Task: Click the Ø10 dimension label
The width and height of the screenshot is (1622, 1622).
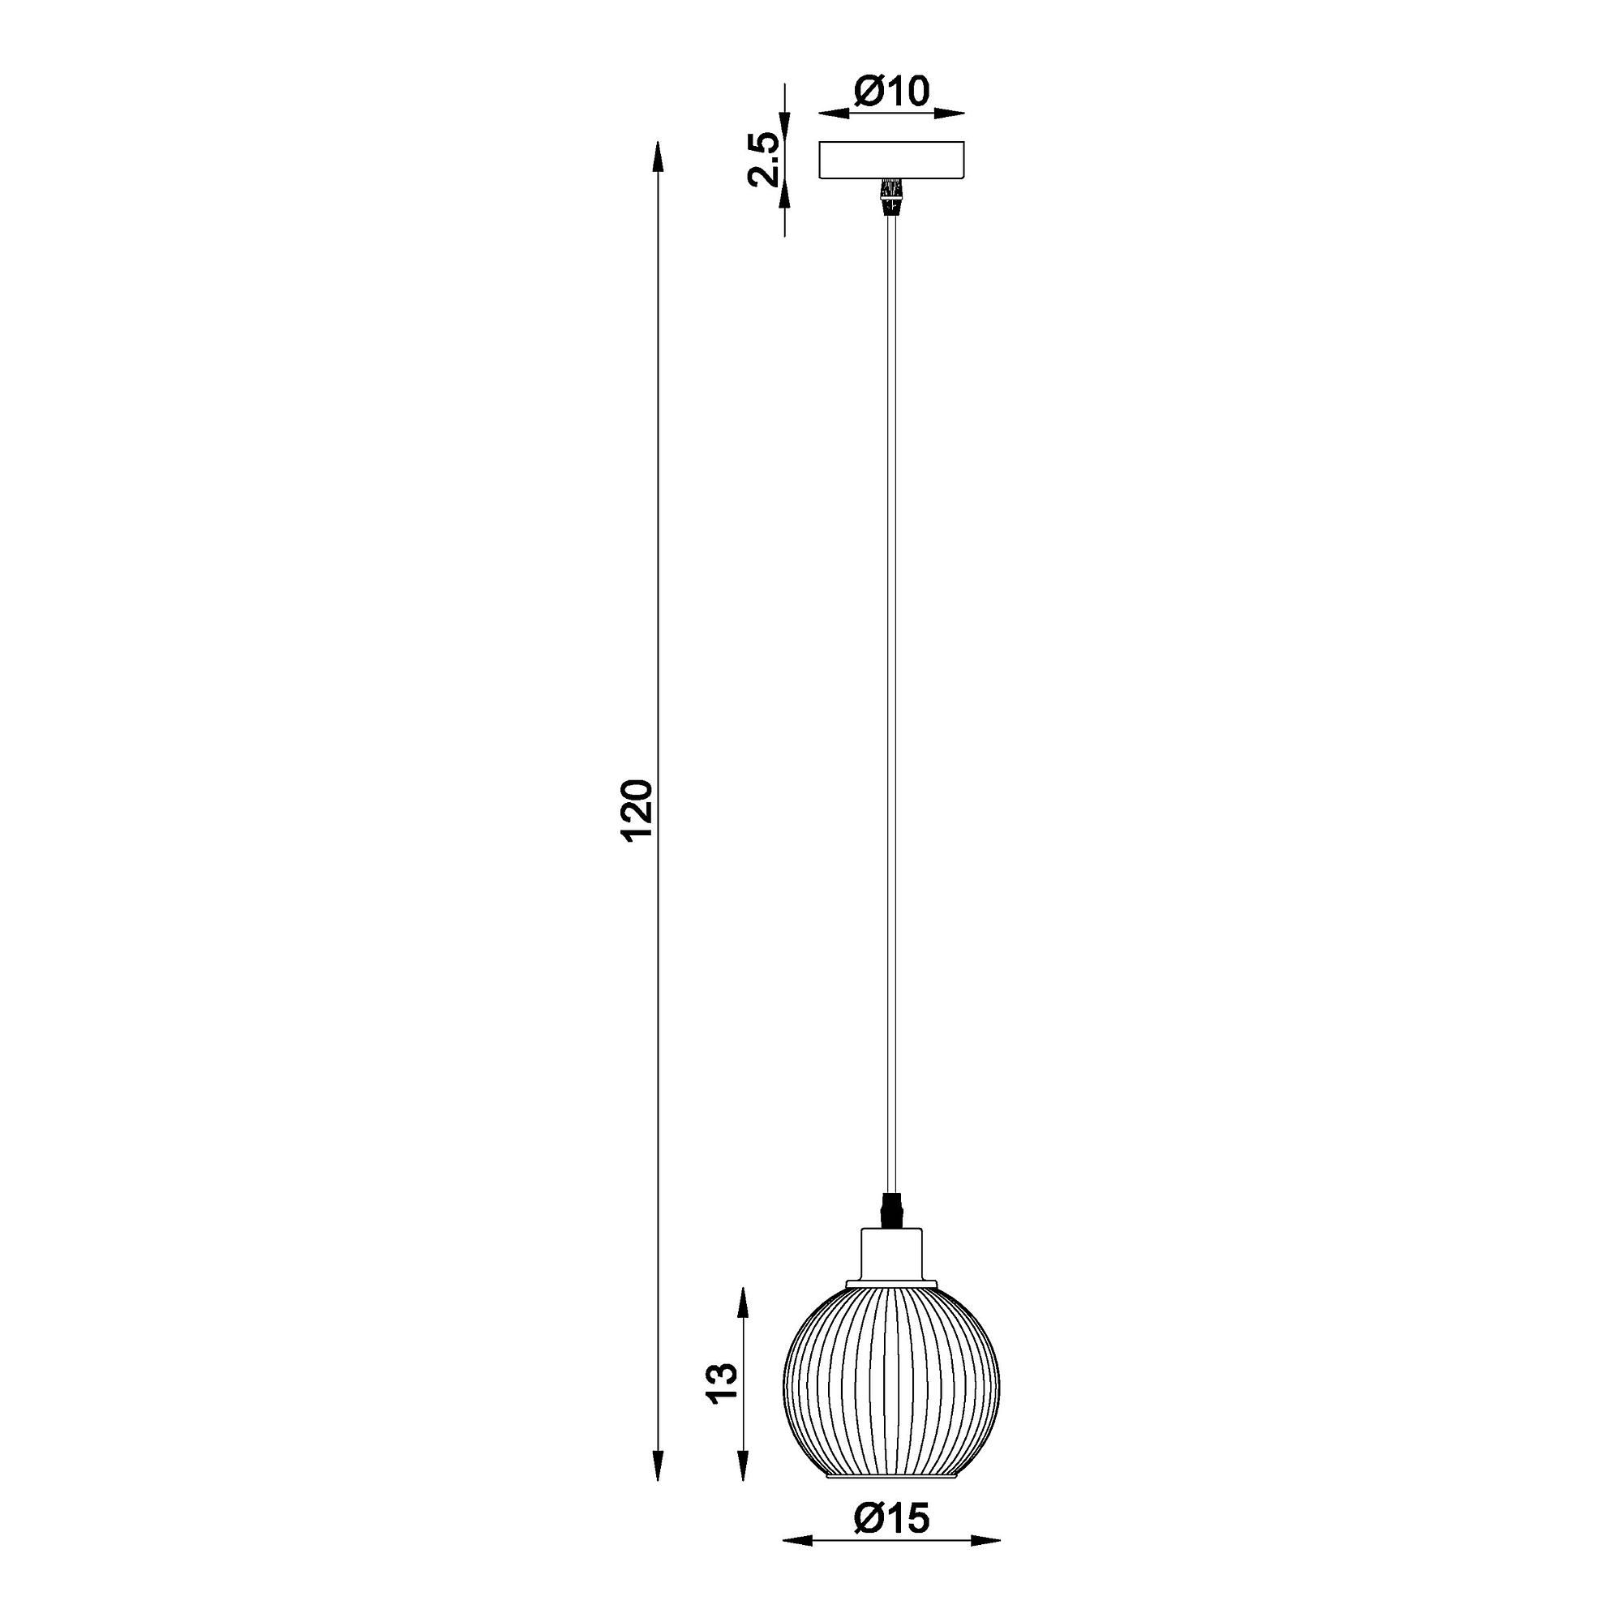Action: pos(891,92)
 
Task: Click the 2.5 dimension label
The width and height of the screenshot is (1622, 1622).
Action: pos(766,158)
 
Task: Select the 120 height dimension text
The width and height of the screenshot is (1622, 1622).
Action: pos(636,810)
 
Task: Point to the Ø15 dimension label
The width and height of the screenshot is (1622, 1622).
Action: pos(891,1543)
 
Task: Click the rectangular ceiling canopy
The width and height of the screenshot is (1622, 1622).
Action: pos(891,160)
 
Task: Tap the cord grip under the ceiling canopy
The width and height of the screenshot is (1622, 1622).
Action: pos(891,196)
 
